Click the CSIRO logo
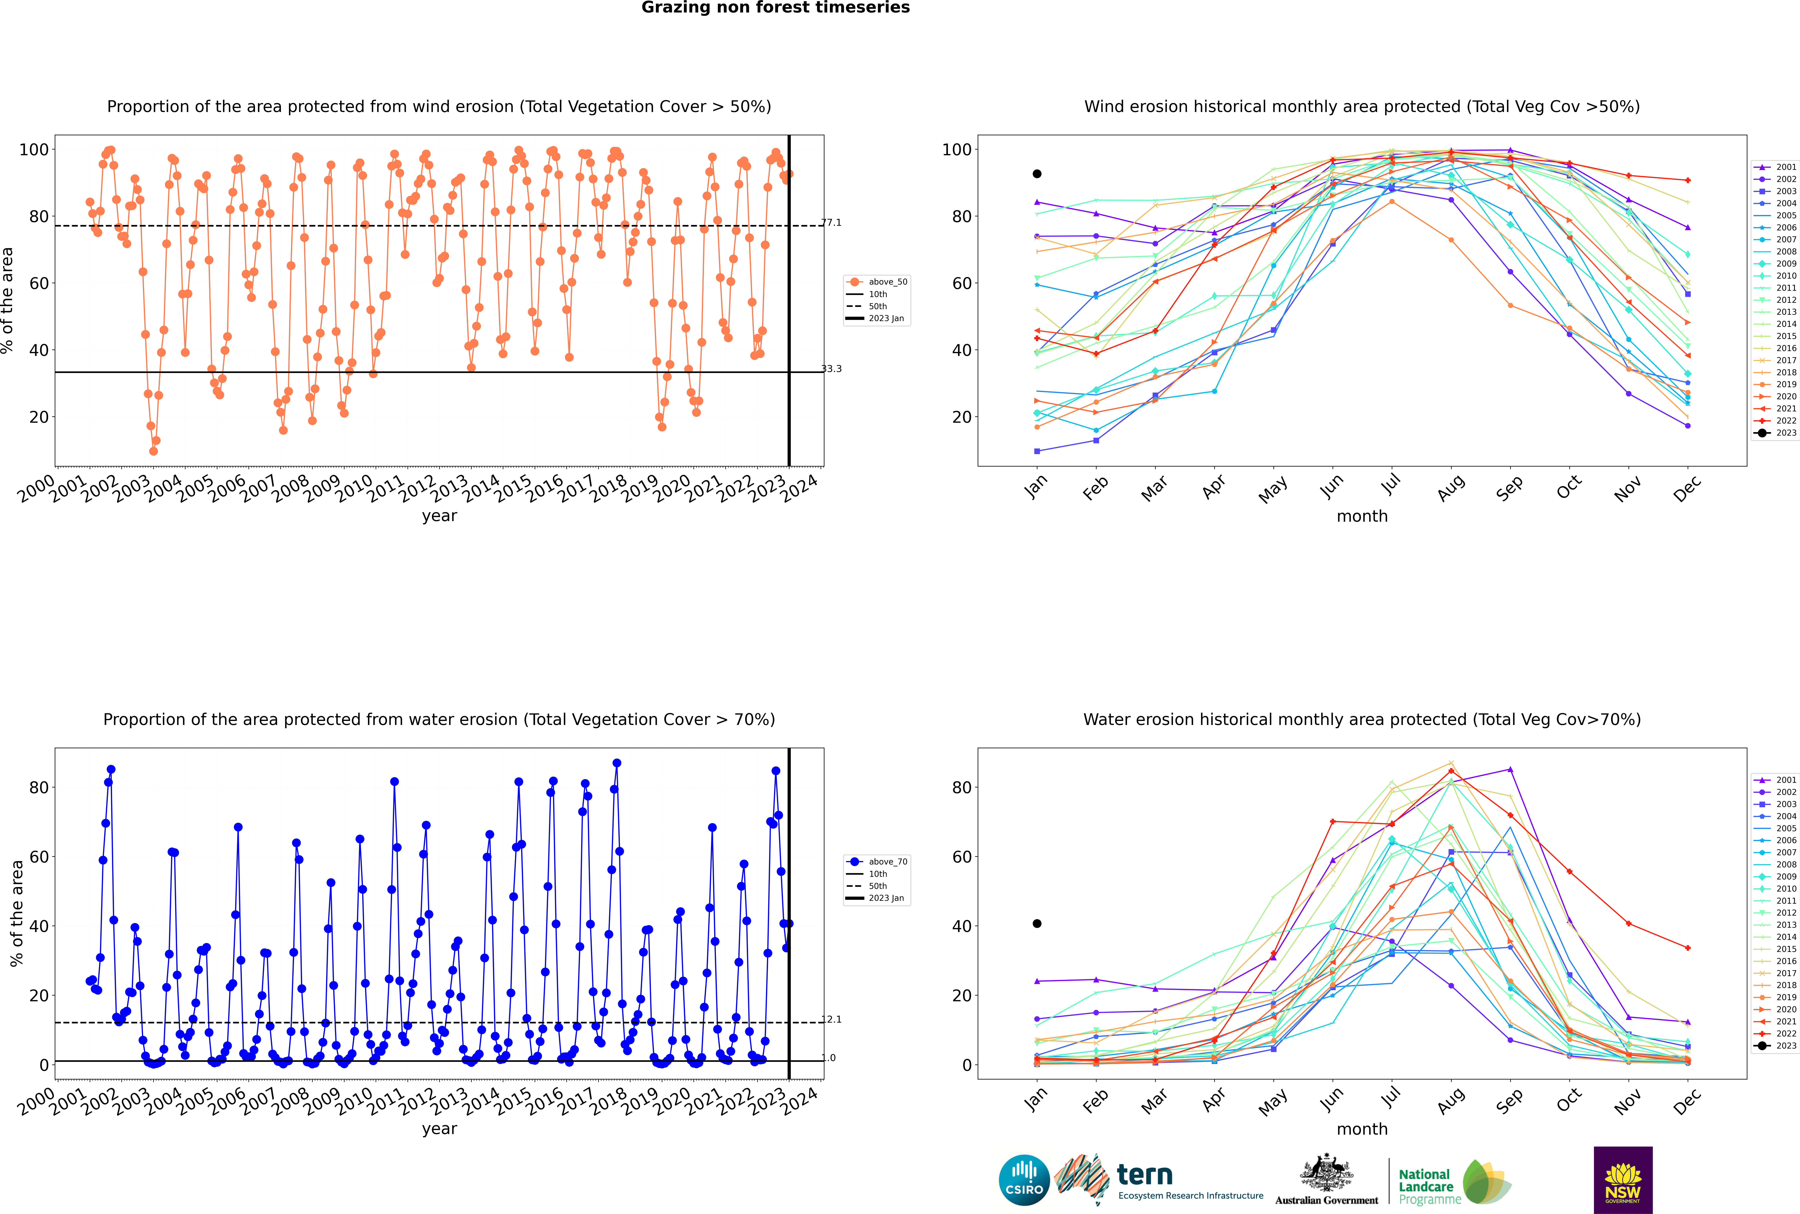point(1024,1180)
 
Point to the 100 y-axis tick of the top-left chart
point(33,149)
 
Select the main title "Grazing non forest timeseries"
point(775,8)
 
